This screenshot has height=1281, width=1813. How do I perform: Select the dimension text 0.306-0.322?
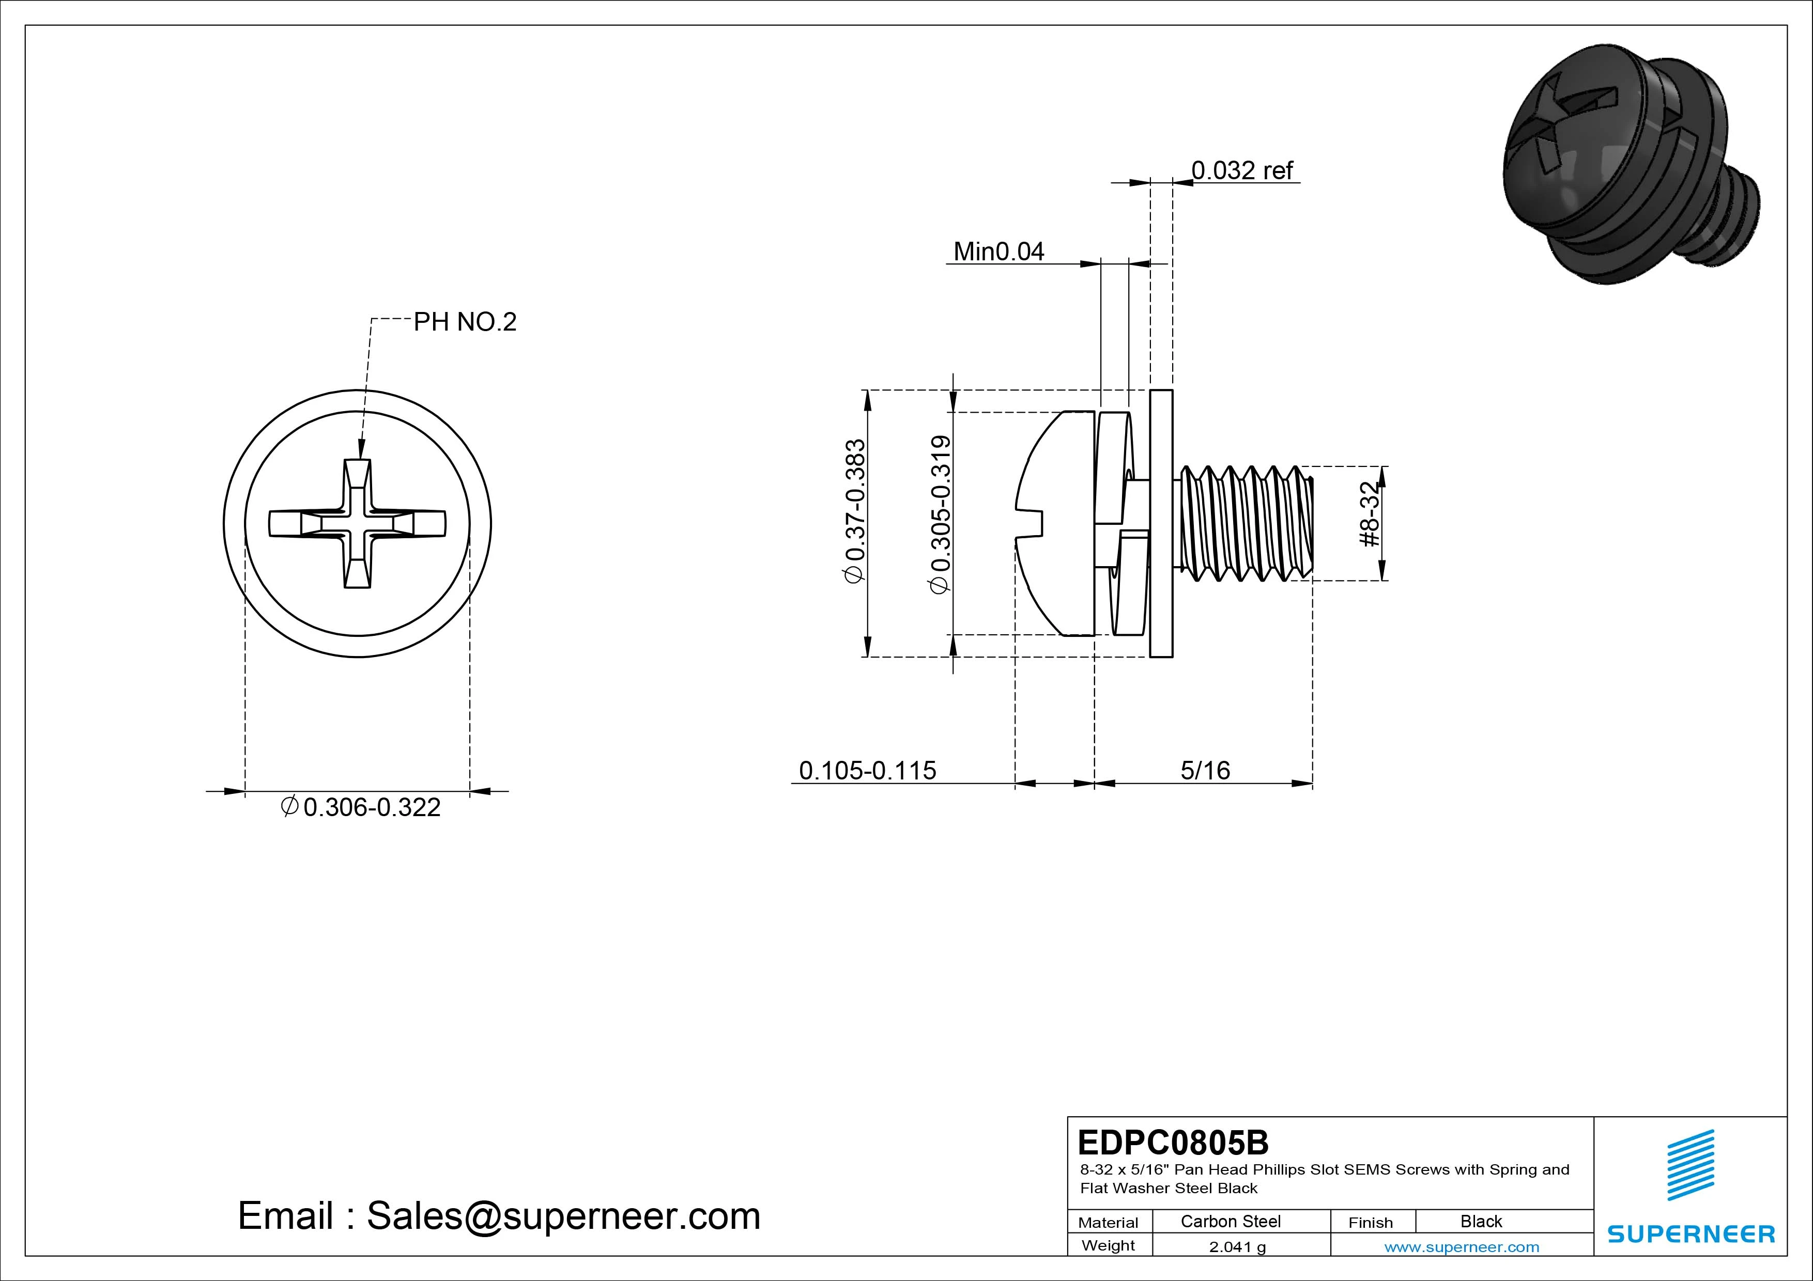[371, 807]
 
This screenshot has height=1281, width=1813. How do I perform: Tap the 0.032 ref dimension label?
[1241, 170]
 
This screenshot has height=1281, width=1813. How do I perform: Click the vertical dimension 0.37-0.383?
[856, 511]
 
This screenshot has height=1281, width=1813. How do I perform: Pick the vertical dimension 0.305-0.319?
[941, 514]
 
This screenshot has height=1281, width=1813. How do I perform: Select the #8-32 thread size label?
[1370, 514]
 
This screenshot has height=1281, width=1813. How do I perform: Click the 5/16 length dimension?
[1205, 770]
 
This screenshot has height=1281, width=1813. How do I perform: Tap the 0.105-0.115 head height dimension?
[867, 770]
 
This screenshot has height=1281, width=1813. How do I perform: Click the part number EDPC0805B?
[1173, 1142]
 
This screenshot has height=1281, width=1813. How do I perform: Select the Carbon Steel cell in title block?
[1230, 1221]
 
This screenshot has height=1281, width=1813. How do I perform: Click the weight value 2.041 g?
[1237, 1247]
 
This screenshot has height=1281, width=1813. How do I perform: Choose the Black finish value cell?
[1481, 1221]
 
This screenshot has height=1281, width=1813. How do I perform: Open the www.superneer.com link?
[1461, 1247]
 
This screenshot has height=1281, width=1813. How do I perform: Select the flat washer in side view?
[1161, 523]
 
